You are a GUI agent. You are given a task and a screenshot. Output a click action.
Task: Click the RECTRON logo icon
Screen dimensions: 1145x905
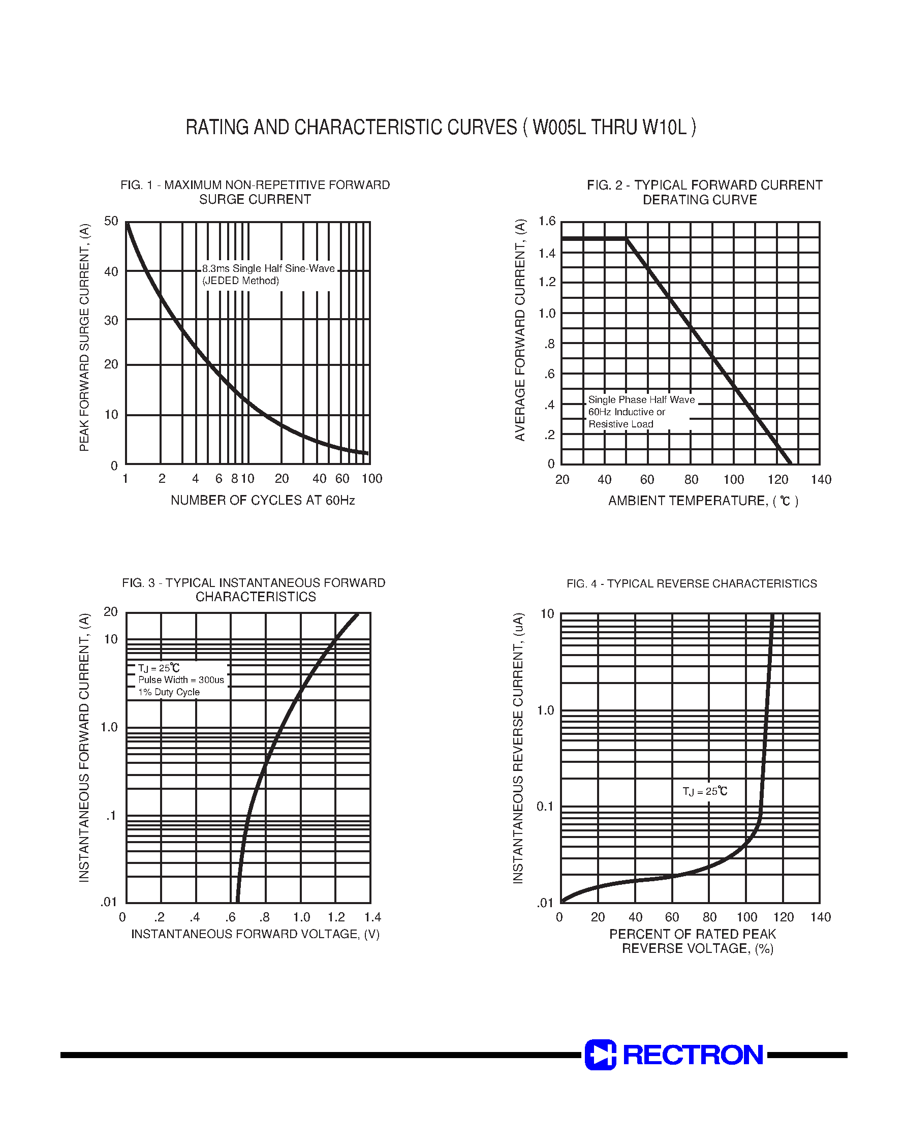(600, 1055)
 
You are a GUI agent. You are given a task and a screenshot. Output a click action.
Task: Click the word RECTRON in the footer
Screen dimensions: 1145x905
(693, 1055)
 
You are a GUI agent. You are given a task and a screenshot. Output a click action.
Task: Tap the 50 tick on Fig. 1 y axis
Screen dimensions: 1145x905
(111, 221)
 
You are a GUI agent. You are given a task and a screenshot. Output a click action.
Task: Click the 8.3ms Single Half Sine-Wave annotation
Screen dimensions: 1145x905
(268, 269)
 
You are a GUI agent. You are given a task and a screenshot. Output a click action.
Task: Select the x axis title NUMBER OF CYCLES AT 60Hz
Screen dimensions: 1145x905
(262, 500)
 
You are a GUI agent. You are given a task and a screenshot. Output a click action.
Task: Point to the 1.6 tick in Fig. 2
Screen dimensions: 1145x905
(547, 221)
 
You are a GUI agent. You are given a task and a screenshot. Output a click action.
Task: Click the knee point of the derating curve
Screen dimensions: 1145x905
(627, 239)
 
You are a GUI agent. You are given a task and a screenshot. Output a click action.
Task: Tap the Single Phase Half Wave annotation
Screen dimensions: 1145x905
(641, 399)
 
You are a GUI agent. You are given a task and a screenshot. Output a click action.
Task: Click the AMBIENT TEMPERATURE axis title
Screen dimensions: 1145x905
(703, 501)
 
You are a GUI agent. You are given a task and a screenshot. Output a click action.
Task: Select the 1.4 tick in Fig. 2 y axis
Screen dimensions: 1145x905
(547, 253)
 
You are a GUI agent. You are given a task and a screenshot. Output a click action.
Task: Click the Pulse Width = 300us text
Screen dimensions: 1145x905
(181, 680)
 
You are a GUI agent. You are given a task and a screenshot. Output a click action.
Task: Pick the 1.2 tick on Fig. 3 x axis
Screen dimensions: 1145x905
(336, 917)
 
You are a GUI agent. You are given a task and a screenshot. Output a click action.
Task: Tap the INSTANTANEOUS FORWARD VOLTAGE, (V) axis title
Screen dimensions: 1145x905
(256, 934)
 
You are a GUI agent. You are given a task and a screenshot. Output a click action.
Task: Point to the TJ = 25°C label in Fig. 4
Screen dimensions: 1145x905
(705, 792)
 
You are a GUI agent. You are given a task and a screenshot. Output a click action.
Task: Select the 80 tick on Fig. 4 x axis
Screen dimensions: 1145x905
(709, 917)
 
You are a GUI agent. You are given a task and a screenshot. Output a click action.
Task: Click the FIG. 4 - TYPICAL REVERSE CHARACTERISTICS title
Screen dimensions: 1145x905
(692, 583)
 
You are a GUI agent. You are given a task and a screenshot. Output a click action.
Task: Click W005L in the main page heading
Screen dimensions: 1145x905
(558, 127)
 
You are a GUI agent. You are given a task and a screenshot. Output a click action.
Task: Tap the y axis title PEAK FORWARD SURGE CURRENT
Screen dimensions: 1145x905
(84, 337)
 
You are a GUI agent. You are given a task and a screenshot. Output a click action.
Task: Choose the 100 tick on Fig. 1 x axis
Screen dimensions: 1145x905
(371, 479)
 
